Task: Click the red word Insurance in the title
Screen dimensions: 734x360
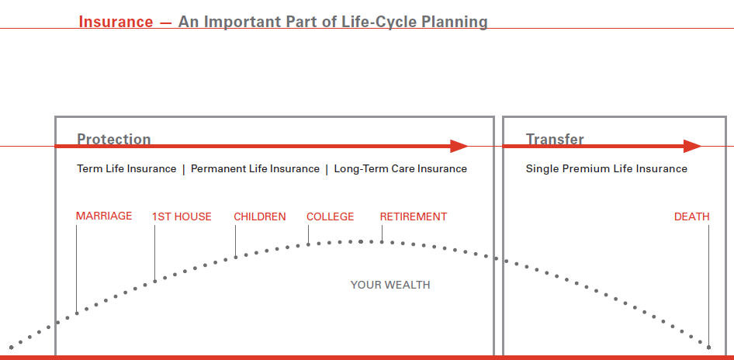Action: (116, 22)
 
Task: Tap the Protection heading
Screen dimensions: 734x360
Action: (114, 139)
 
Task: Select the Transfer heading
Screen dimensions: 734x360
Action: (555, 139)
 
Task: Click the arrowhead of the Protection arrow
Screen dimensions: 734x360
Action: (459, 146)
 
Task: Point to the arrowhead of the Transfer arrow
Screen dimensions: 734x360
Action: (692, 146)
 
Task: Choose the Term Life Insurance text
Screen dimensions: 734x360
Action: (126, 168)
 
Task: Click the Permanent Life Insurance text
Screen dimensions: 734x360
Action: (255, 168)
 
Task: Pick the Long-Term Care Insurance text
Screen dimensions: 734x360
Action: (400, 168)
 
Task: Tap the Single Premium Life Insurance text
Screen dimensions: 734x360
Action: (606, 168)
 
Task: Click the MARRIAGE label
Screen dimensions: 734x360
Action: (104, 216)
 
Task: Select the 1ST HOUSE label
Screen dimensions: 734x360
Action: (182, 216)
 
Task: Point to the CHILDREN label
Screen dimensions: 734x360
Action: (260, 216)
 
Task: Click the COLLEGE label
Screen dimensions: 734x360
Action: (330, 216)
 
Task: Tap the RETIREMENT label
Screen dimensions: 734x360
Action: (414, 216)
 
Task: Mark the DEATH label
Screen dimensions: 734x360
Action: (692, 216)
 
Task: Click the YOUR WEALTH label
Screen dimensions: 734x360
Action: (390, 285)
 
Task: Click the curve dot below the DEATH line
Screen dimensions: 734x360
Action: (708, 348)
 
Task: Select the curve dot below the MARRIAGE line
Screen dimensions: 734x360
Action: (77, 313)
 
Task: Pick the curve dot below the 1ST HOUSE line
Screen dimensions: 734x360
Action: (155, 282)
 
